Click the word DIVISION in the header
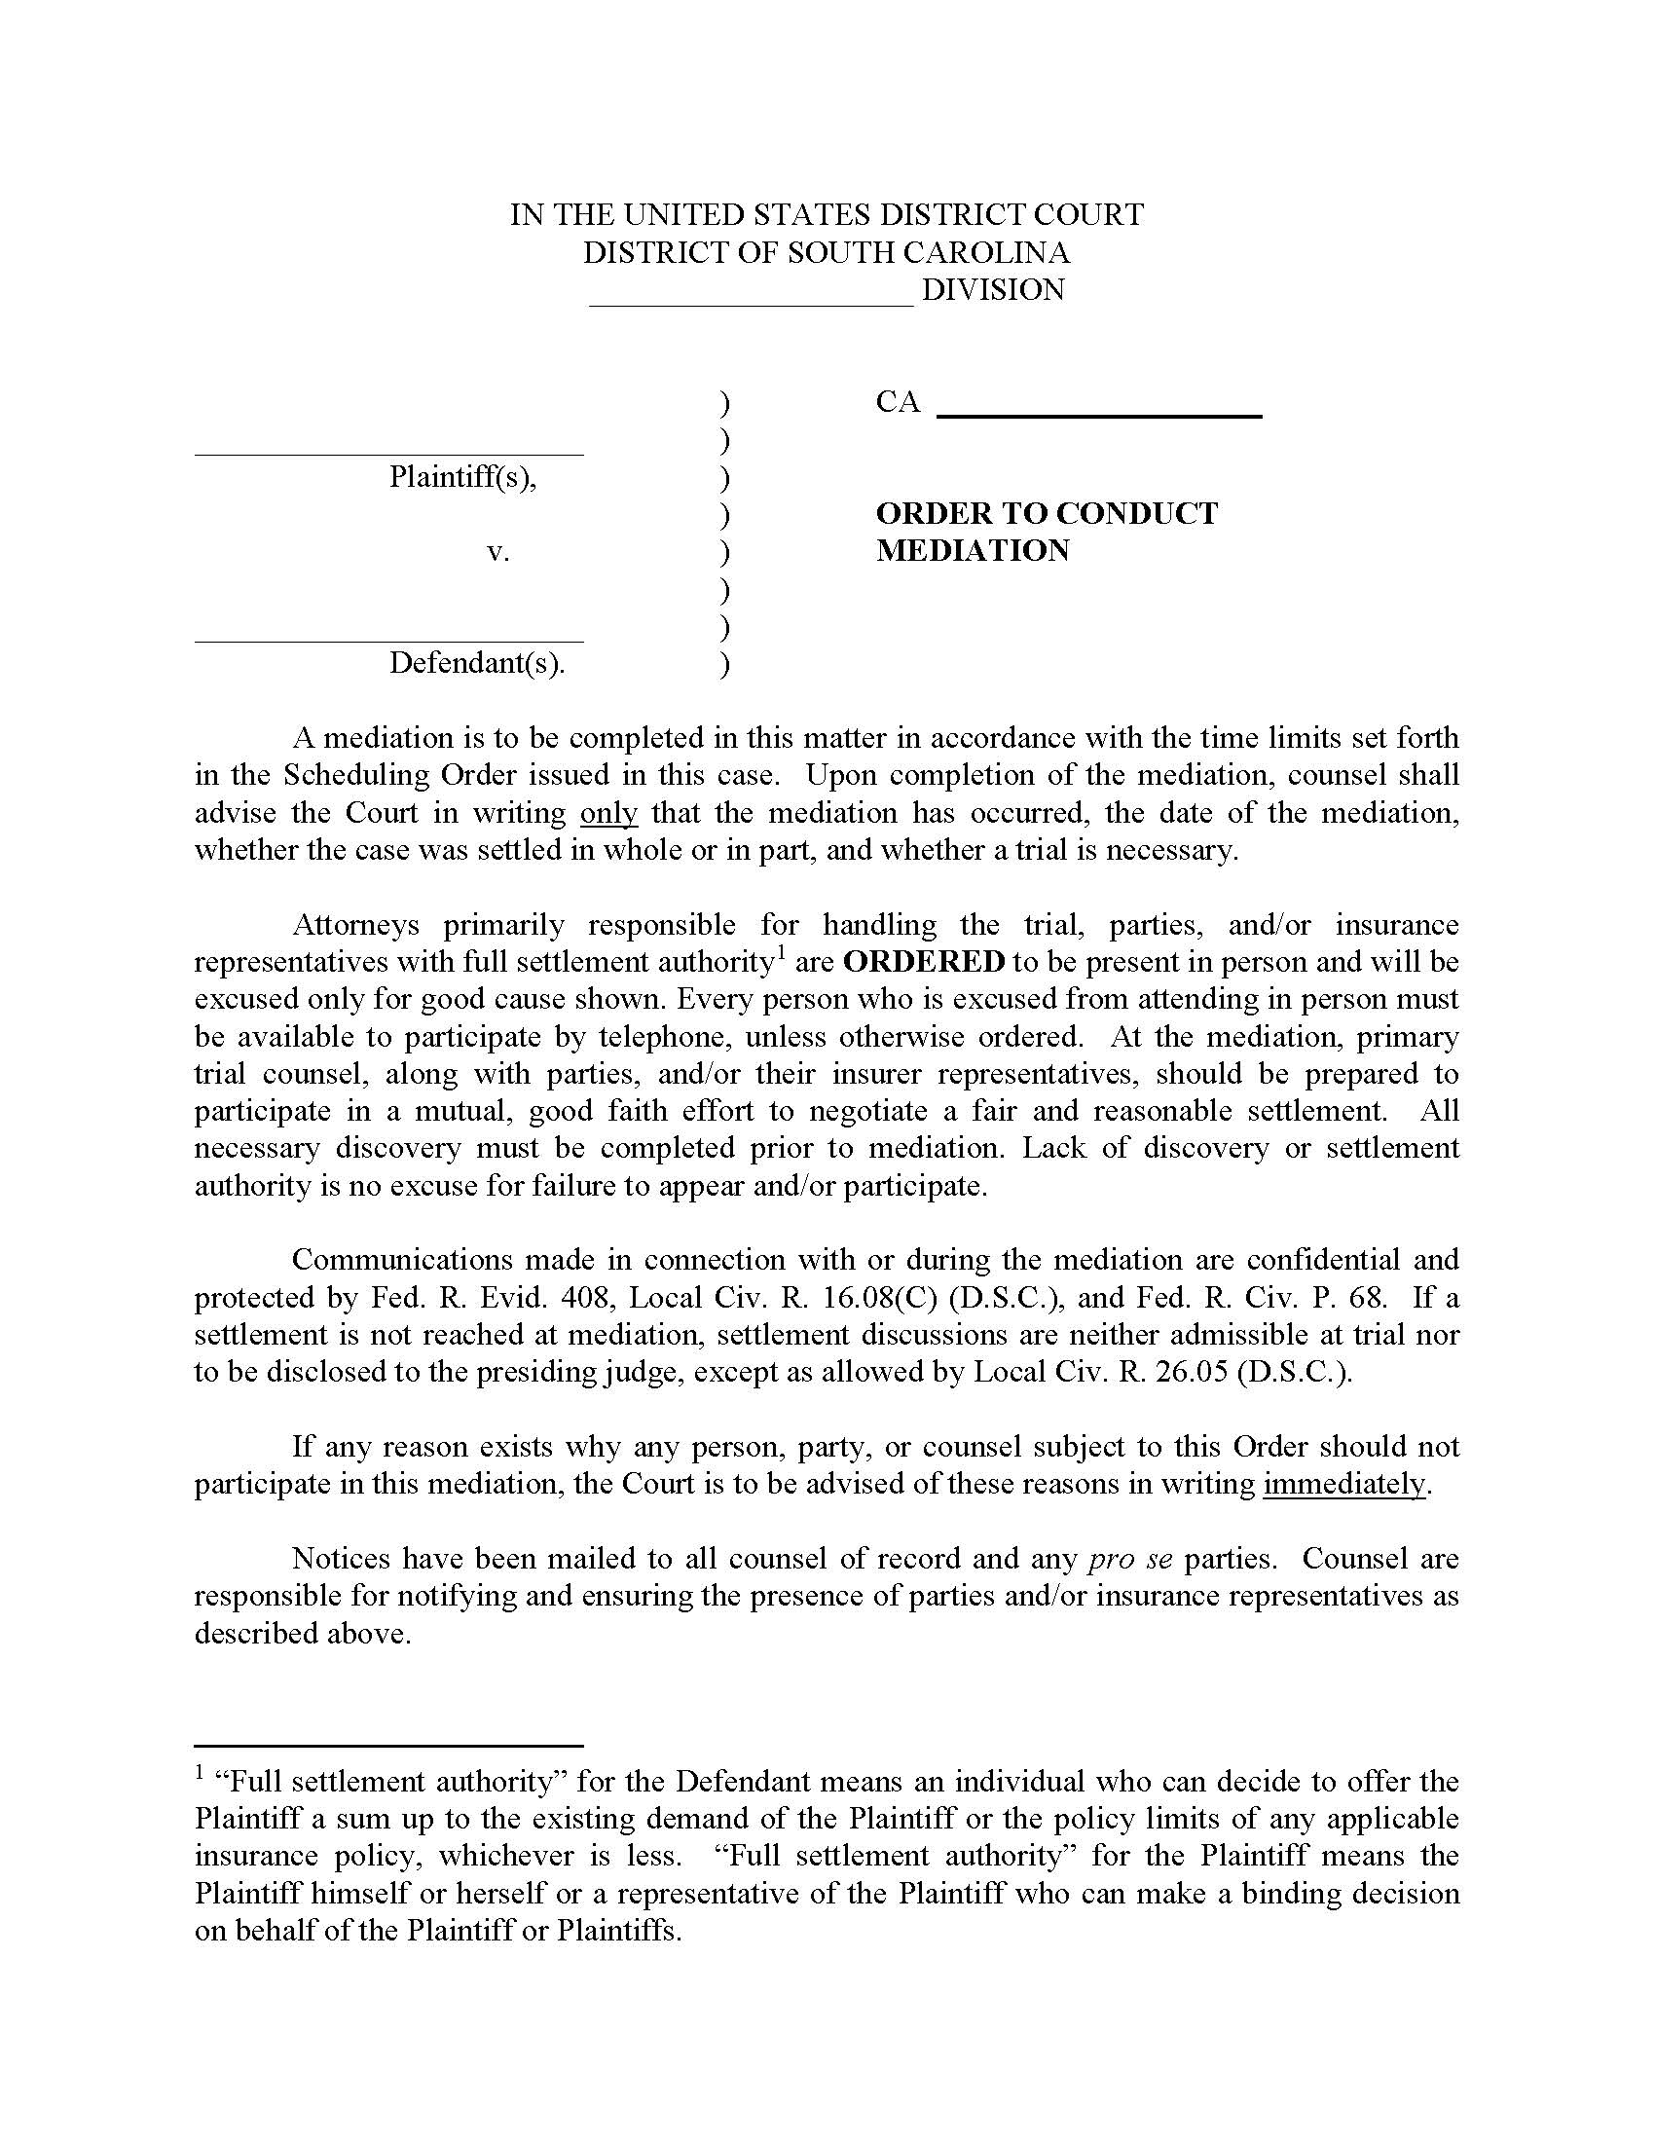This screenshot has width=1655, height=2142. pyautogui.click(x=992, y=290)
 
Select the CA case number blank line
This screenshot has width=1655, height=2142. pyautogui.click(x=1099, y=415)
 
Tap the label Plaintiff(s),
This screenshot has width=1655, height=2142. pyautogui.click(x=462, y=477)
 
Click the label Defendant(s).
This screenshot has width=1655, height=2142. pyautogui.click(x=477, y=663)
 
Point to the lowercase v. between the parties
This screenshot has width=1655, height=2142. pyautogui.click(x=498, y=552)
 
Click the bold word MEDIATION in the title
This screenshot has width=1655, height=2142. pyautogui.click(x=972, y=551)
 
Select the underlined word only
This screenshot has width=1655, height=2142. pyautogui.click(x=608, y=813)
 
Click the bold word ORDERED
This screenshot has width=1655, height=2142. pyautogui.click(x=924, y=962)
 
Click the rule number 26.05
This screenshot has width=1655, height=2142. pyautogui.click(x=1192, y=1372)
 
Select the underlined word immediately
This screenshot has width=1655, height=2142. pyautogui.click(x=1343, y=1485)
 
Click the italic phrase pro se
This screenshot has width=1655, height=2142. pyautogui.click(x=1130, y=1559)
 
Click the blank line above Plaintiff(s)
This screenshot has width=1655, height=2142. pyautogui.click(x=388, y=453)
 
